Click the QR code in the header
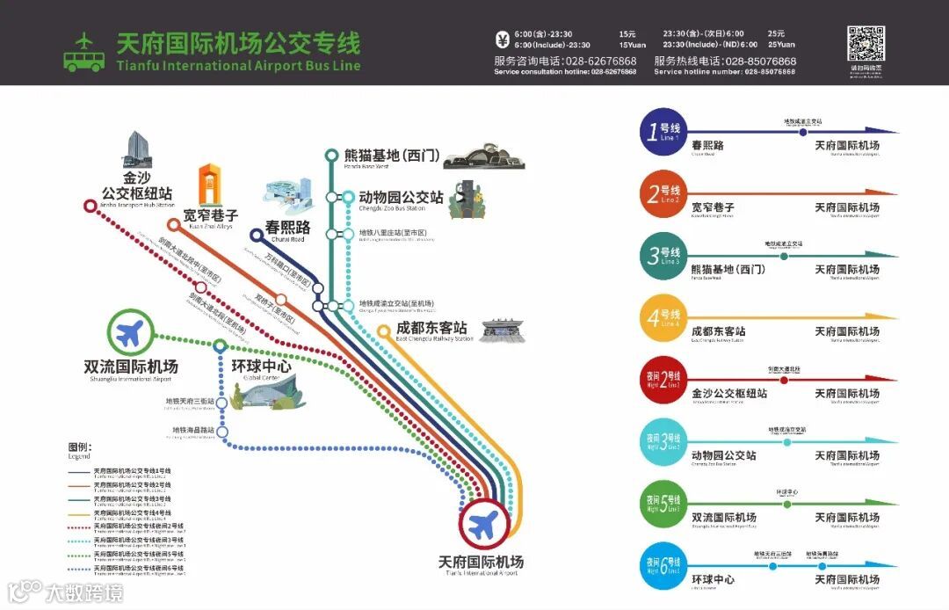(x=865, y=45)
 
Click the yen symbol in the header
(x=503, y=40)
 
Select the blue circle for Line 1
(x=662, y=133)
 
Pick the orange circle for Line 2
(x=662, y=195)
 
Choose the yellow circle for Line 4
(x=662, y=319)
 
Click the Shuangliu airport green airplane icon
(x=130, y=333)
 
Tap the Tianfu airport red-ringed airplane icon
(x=482, y=526)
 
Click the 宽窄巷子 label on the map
(x=211, y=214)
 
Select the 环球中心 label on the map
(x=261, y=367)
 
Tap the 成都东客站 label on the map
(x=431, y=328)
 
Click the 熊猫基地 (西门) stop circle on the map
(x=331, y=156)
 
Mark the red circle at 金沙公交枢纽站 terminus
(x=90, y=206)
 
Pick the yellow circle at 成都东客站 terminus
(x=383, y=331)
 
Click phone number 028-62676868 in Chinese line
(x=601, y=61)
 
